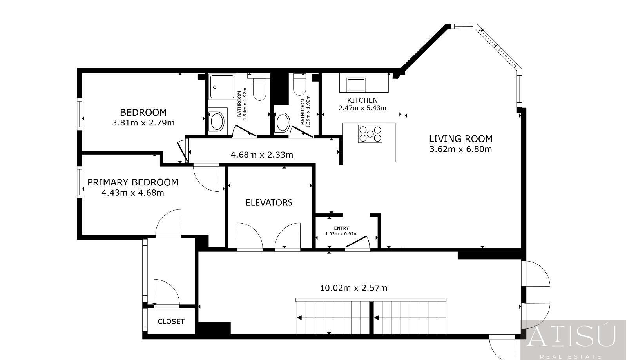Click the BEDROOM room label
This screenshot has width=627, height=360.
click(143, 112)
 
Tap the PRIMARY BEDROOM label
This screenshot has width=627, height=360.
click(133, 182)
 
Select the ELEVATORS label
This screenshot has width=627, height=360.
click(269, 203)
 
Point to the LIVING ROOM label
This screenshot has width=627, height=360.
click(461, 139)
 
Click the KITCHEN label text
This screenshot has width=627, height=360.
click(362, 100)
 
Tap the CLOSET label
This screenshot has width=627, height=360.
click(171, 321)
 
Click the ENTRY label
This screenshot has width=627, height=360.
click(341, 228)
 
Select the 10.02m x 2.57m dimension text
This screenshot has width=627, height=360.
click(353, 288)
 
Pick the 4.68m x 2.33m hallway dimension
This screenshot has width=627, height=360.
click(262, 155)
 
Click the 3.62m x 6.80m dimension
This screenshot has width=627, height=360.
click(461, 149)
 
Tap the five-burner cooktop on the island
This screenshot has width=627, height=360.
click(370, 134)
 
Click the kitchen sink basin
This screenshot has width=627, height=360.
click(356, 85)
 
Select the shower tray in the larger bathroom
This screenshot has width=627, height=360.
click(222, 87)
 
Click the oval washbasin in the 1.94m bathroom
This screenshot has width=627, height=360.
click(217, 121)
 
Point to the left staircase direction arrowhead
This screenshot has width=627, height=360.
click(299, 318)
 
